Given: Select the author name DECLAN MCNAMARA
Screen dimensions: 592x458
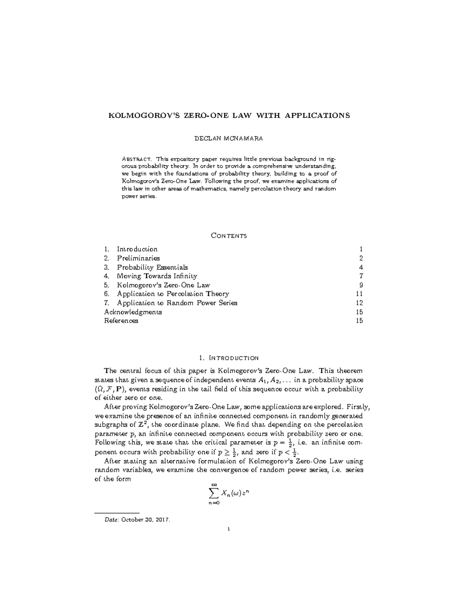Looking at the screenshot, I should [x=229, y=138].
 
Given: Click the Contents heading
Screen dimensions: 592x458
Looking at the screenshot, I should [x=229, y=236].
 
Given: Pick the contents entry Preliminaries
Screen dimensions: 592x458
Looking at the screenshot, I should [x=138, y=258].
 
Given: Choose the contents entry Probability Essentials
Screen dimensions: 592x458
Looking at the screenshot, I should [x=152, y=267].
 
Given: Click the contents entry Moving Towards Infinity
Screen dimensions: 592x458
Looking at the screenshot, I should [x=157, y=276].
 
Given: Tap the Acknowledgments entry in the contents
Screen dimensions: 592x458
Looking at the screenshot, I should [x=133, y=312].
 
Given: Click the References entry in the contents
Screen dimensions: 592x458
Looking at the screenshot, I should [x=121, y=321].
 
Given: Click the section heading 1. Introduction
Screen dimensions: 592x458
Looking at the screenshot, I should [x=229, y=358].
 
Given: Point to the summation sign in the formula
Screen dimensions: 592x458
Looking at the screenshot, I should [x=214, y=494].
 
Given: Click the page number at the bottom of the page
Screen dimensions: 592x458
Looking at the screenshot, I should [x=229, y=529].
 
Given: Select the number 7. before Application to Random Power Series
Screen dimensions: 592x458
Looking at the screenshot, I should [x=107, y=303].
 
